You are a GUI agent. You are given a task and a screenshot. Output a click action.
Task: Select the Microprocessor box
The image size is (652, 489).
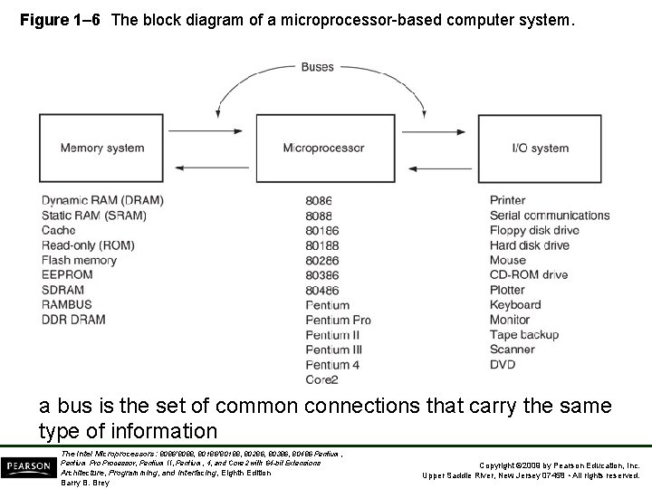pyautogui.click(x=323, y=148)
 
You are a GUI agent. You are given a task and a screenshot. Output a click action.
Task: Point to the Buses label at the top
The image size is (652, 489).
pyautogui.click(x=317, y=67)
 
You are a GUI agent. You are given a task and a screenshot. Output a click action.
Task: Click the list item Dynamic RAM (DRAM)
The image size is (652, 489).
pyautogui.click(x=90, y=200)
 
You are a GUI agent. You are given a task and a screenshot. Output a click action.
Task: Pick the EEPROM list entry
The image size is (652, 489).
pyautogui.click(x=67, y=275)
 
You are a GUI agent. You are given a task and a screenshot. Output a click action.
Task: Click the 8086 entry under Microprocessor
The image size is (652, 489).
pyautogui.click(x=319, y=201)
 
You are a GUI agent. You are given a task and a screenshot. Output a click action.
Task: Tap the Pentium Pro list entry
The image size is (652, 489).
pyautogui.click(x=338, y=321)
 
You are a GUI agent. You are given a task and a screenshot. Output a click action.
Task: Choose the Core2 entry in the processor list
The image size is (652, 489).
pyautogui.click(x=321, y=380)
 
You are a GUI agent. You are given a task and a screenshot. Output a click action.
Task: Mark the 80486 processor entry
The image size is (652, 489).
pyautogui.click(x=321, y=291)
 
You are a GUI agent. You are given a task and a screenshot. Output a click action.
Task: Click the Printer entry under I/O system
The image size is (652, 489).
pyautogui.click(x=507, y=200)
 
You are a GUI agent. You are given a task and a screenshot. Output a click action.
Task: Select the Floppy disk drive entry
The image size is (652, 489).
pyautogui.click(x=534, y=230)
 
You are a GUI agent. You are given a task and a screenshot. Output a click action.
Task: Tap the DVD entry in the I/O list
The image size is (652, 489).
pyautogui.click(x=503, y=365)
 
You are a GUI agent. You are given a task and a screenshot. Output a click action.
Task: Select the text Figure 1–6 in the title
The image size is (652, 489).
pyautogui.click(x=60, y=17)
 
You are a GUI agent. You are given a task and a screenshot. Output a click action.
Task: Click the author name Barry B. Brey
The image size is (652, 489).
pyautogui.click(x=84, y=483)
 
